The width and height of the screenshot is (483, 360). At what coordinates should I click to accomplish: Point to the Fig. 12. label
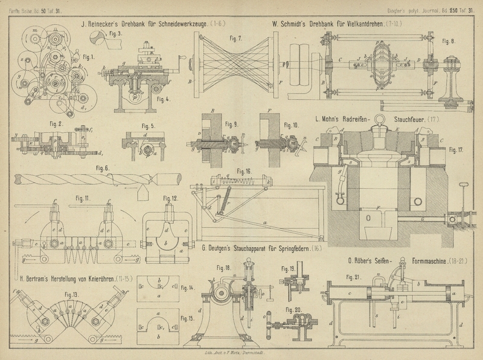[170, 199]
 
